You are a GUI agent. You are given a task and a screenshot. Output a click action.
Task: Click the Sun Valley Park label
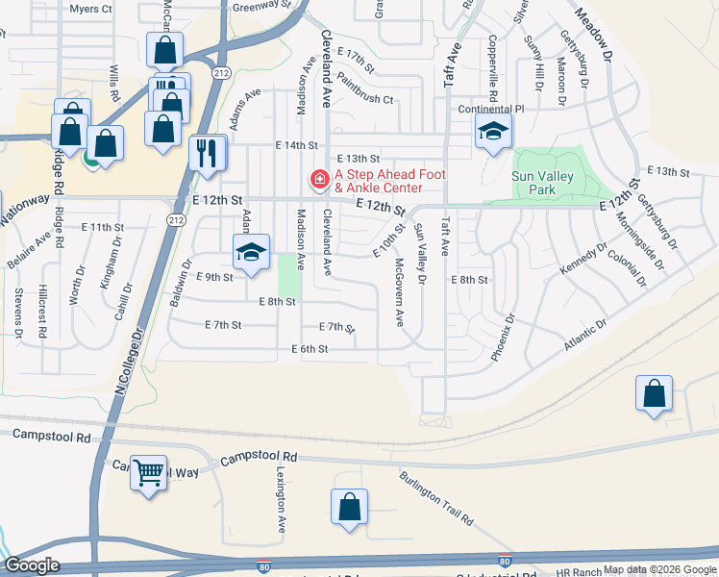tap(547, 183)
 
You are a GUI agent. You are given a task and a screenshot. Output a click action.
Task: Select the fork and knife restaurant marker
tap(208, 153)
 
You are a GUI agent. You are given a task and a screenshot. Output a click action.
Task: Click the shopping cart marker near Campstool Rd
tap(148, 472)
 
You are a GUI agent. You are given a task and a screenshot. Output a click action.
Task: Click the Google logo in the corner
tap(33, 565)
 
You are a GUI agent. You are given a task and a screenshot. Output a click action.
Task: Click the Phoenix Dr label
tap(503, 337)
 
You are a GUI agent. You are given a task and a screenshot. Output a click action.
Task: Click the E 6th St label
tap(310, 349)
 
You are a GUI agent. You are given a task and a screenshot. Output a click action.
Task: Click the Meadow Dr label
tap(593, 37)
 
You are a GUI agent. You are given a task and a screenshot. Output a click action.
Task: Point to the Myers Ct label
tap(91, 9)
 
